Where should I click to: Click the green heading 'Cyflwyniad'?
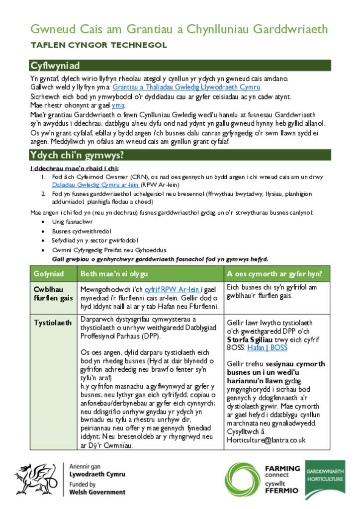[x=55, y=66]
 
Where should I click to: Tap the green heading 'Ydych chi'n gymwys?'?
[x=77, y=155]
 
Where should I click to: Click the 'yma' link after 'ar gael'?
[x=118, y=105]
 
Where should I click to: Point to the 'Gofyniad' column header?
[x=49, y=274]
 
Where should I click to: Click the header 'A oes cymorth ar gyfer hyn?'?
[x=274, y=274]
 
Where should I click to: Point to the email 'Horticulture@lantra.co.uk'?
[x=266, y=440]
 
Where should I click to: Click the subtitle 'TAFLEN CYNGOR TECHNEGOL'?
[x=98, y=45]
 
